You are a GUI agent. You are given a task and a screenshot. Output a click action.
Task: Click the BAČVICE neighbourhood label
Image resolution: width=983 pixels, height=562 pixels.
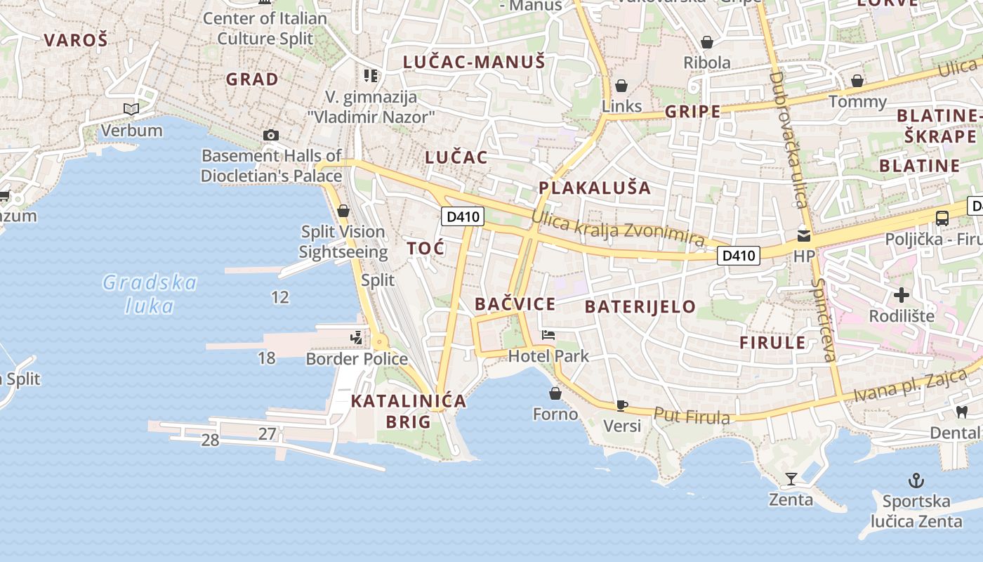click(x=515, y=304)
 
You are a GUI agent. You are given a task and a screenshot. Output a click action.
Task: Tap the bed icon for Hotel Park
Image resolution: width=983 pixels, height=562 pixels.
click(x=548, y=335)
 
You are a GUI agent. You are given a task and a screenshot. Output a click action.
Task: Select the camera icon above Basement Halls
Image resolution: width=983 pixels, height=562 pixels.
click(x=271, y=135)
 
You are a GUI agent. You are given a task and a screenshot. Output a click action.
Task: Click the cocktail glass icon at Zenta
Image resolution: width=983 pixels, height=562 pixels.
click(x=791, y=479)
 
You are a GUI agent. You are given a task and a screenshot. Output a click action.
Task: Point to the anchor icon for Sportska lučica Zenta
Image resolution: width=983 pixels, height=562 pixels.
click(x=916, y=481)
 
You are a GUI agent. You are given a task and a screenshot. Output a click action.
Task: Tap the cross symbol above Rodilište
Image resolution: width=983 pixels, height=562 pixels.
click(x=902, y=295)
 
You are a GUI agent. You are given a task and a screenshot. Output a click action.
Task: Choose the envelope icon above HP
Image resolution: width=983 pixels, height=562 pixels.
click(x=804, y=236)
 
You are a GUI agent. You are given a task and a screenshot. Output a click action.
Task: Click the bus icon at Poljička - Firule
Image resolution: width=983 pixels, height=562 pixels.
click(x=942, y=218)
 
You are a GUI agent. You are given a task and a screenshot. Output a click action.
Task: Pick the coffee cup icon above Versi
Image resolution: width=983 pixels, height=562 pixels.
click(x=621, y=405)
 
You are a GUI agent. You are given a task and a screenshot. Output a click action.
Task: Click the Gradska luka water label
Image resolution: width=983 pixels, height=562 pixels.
click(x=150, y=294)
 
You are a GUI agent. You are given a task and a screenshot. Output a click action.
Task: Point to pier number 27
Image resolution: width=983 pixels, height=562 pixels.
click(x=267, y=433)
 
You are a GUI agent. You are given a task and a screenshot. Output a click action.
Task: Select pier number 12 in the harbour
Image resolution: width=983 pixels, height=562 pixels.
click(x=280, y=297)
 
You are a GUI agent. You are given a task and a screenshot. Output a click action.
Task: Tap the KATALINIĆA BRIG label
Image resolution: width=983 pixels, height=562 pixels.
click(x=408, y=411)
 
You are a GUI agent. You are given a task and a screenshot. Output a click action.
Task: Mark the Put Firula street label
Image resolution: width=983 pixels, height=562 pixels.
click(x=692, y=416)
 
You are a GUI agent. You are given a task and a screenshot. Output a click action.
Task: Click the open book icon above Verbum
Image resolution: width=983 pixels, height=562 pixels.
click(x=131, y=109)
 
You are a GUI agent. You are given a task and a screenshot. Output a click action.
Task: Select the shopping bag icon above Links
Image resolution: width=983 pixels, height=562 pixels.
click(x=621, y=86)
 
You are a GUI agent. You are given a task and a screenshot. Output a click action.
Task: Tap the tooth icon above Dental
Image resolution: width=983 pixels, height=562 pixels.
click(x=961, y=412)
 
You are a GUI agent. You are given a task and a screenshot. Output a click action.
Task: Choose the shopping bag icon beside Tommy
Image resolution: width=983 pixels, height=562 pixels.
click(x=857, y=81)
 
